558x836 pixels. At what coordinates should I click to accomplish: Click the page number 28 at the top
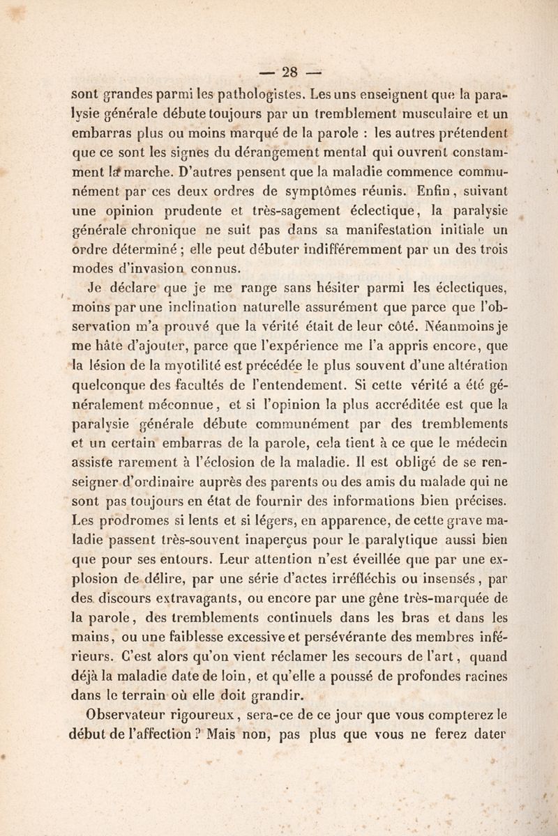pyautogui.click(x=289, y=70)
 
